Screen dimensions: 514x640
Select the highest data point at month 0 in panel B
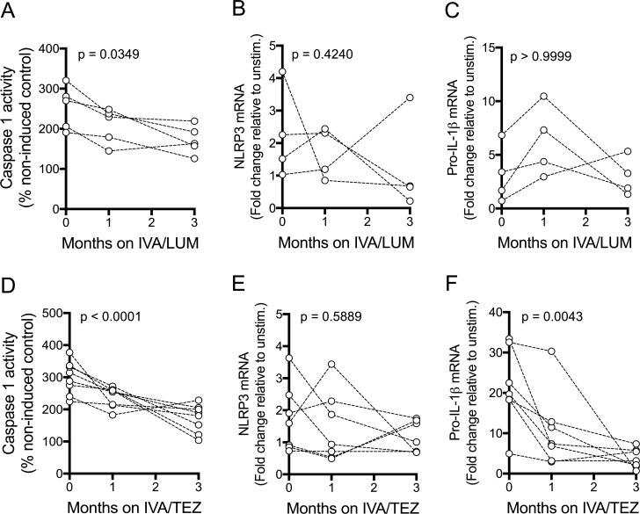click(x=281, y=72)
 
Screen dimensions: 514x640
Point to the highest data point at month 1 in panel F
click(x=545, y=351)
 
